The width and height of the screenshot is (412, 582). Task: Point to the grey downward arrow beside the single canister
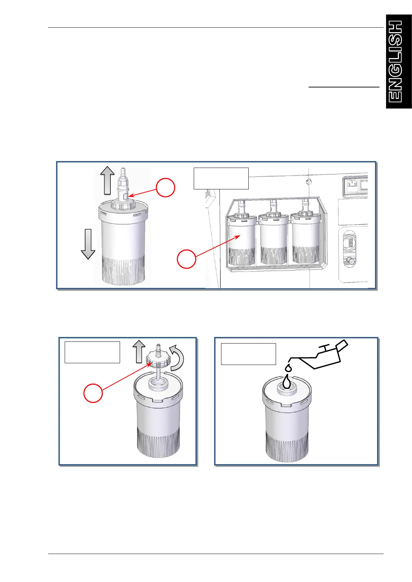coord(88,244)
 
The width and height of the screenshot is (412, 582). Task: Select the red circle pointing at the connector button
coord(165,187)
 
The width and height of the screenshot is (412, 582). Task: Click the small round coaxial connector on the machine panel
coord(351,261)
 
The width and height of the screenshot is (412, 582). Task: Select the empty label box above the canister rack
coord(221,178)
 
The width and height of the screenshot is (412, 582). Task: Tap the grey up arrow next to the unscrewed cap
coord(139,351)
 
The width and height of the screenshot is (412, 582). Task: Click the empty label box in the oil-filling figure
coord(248,354)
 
